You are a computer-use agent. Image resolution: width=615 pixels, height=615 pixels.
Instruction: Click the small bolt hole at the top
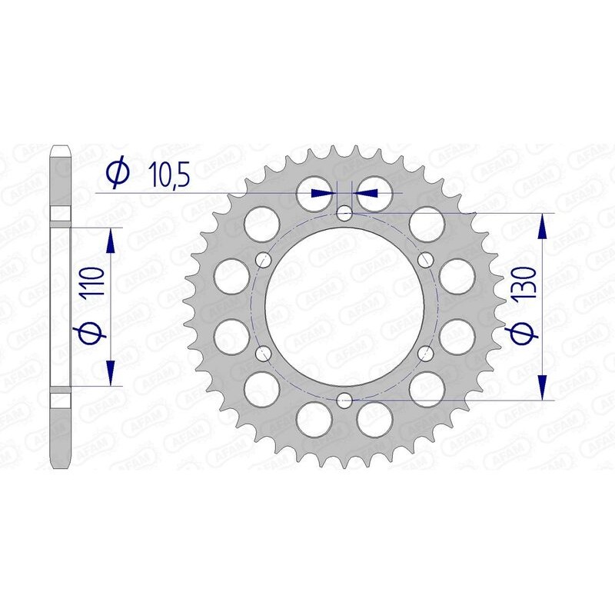[x=344, y=212]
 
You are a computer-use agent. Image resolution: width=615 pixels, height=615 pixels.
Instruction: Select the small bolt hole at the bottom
[x=344, y=399]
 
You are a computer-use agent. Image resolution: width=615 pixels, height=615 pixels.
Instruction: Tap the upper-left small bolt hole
[x=264, y=259]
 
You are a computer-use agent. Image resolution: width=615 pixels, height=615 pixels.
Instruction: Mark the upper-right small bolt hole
[x=425, y=259]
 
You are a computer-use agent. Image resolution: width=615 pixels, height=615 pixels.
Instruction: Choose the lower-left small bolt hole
[x=264, y=353]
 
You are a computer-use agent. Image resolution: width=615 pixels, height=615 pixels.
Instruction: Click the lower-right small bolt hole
[x=425, y=353]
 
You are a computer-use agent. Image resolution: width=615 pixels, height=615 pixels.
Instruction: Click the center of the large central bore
[x=344, y=306]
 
